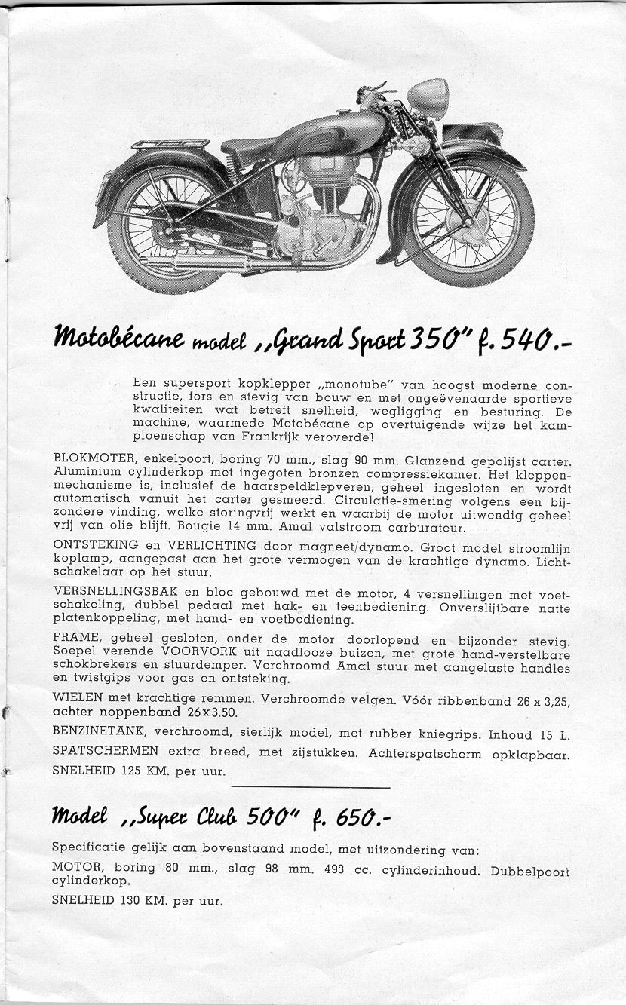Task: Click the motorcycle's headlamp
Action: [x=428, y=97]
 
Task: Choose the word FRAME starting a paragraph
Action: [x=72, y=639]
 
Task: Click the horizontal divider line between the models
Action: [x=311, y=788]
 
